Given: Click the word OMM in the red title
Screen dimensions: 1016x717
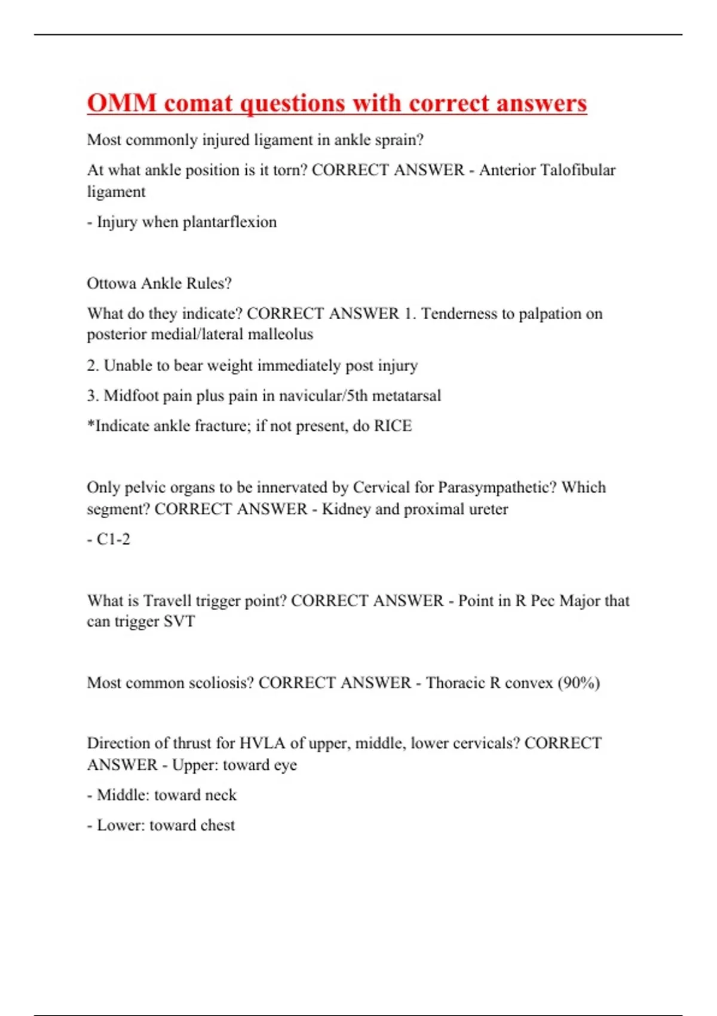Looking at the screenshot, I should coord(122,103).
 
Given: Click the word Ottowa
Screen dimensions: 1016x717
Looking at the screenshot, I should coord(112,283).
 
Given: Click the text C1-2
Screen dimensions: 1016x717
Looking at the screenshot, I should coord(113,539).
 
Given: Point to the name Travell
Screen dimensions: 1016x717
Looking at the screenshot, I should coord(166,601).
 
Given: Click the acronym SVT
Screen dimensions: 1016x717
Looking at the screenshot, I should coord(179,622).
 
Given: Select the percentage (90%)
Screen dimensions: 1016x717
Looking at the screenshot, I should coord(578,683).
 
